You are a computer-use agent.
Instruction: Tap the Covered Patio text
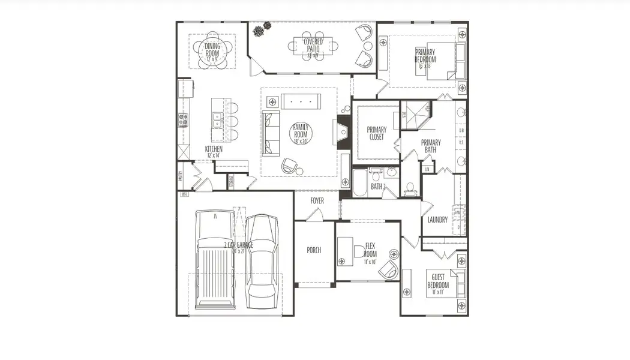313,46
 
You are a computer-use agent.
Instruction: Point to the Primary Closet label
376,133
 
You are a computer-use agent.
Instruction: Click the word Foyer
317,200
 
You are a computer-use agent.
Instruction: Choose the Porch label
313,250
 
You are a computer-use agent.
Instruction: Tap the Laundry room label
437,220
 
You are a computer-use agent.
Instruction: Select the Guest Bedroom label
437,281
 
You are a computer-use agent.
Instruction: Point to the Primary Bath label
431,146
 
